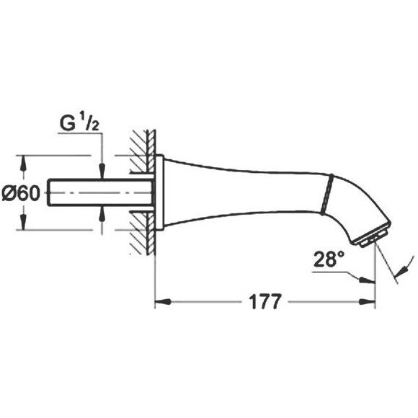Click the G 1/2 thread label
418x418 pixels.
coord(79,123)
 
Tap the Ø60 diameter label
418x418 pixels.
coord(21,193)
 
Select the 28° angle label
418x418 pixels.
coord(329,259)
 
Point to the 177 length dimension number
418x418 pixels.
coord(265,301)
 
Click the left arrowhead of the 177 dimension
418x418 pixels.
coord(163,302)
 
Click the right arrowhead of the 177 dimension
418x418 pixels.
coord(368,302)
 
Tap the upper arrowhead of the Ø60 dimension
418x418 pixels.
coord(24,164)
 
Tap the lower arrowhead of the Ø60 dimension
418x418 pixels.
coord(24,222)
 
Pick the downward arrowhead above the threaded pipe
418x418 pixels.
coord(102,171)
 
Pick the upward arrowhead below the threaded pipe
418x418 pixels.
coord(102,214)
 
